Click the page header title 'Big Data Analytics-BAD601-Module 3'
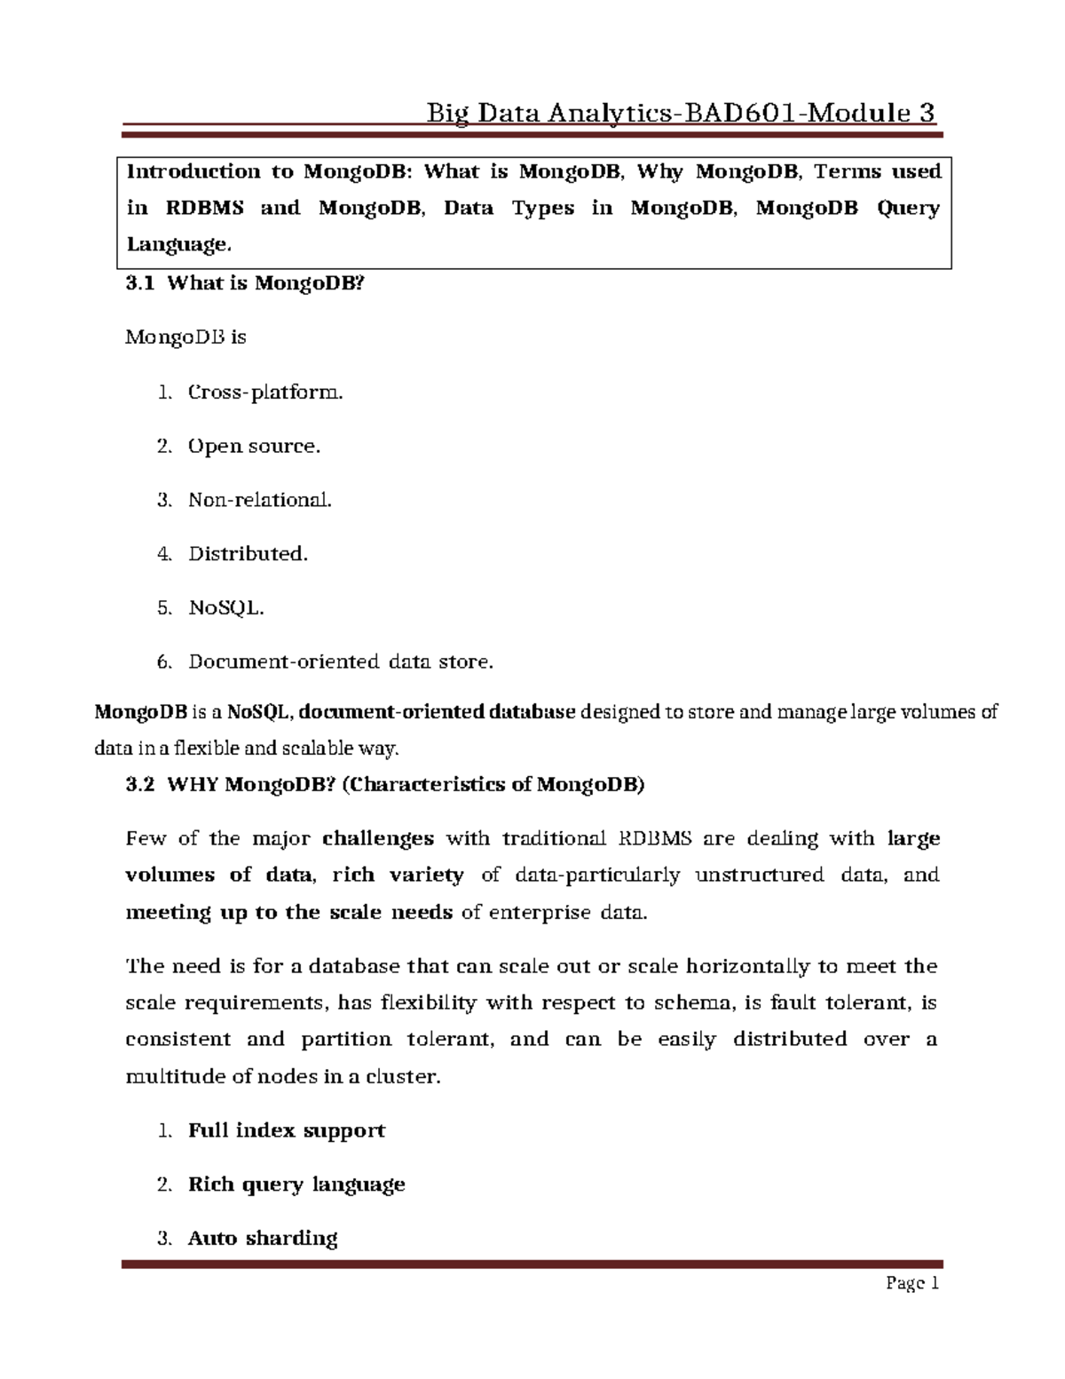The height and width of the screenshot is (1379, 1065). coord(681,114)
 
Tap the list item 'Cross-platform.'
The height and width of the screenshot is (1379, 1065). coord(264,392)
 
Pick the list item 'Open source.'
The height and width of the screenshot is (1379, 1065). coord(254,446)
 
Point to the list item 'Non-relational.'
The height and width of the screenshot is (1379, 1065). coord(259,500)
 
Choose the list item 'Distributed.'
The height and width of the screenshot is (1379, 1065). coord(248,554)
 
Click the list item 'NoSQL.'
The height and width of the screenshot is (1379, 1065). coord(226,608)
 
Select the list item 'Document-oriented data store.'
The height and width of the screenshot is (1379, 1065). coord(340,662)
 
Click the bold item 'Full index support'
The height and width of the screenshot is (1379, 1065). coord(286,1130)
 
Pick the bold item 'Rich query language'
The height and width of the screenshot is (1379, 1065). coord(296,1185)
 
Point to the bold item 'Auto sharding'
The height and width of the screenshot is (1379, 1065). coord(263,1238)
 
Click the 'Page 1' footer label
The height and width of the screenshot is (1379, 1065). coord(911,1283)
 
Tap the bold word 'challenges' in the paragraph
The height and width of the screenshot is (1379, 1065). coord(378,838)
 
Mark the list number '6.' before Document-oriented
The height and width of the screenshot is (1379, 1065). coord(163,662)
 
